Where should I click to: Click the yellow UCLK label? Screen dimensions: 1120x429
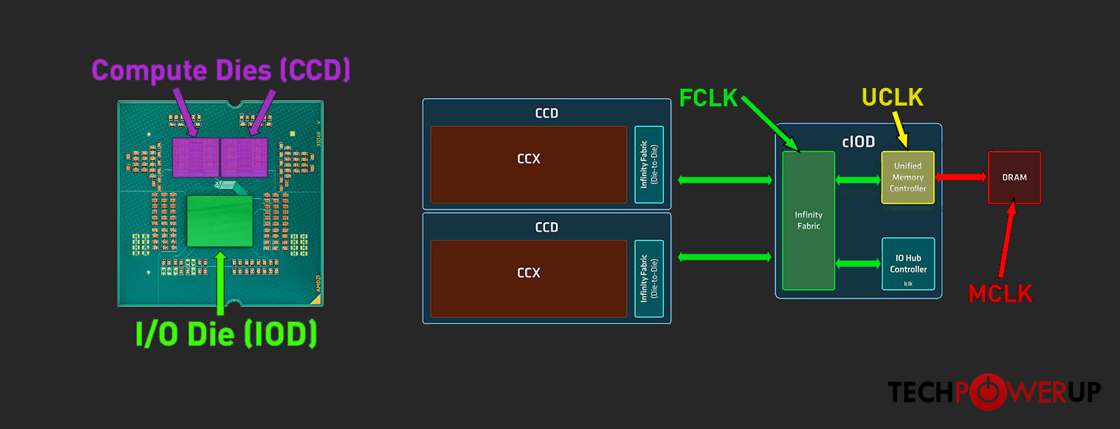pyautogui.click(x=893, y=97)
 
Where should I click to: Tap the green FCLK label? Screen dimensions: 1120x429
pyautogui.click(x=708, y=98)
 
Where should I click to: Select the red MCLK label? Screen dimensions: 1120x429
pyautogui.click(x=1000, y=293)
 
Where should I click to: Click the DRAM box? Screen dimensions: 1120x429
pyautogui.click(x=1014, y=177)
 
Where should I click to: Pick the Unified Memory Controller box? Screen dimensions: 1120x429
pyautogui.click(x=907, y=177)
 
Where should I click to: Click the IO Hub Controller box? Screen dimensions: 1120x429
pyautogui.click(x=908, y=263)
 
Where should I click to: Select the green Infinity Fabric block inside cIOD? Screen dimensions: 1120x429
pyautogui.click(x=808, y=221)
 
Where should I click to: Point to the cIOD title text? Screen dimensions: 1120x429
pyautogui.click(x=858, y=142)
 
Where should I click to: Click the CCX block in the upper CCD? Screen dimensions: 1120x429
pyautogui.click(x=529, y=164)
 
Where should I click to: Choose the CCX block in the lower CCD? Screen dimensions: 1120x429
pyautogui.click(x=529, y=279)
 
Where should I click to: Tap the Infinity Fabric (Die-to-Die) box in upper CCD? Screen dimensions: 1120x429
pyautogui.click(x=649, y=164)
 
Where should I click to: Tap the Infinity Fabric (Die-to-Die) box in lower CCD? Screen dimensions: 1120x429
pyautogui.click(x=649, y=279)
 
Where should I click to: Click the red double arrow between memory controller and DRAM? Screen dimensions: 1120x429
pyautogui.click(x=961, y=177)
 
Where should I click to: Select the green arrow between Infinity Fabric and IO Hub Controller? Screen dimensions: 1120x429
pyautogui.click(x=858, y=263)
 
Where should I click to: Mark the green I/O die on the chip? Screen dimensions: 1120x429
pyautogui.click(x=220, y=221)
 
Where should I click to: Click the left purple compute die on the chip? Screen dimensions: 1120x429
pyautogui.click(x=196, y=157)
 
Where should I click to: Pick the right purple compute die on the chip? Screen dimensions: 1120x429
pyautogui.click(x=244, y=157)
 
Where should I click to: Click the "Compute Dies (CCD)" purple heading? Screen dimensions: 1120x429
pyautogui.click(x=221, y=70)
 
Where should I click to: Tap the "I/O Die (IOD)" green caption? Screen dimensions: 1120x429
pyautogui.click(x=226, y=334)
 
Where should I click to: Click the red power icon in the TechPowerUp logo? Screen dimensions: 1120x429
pyautogui.click(x=987, y=392)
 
